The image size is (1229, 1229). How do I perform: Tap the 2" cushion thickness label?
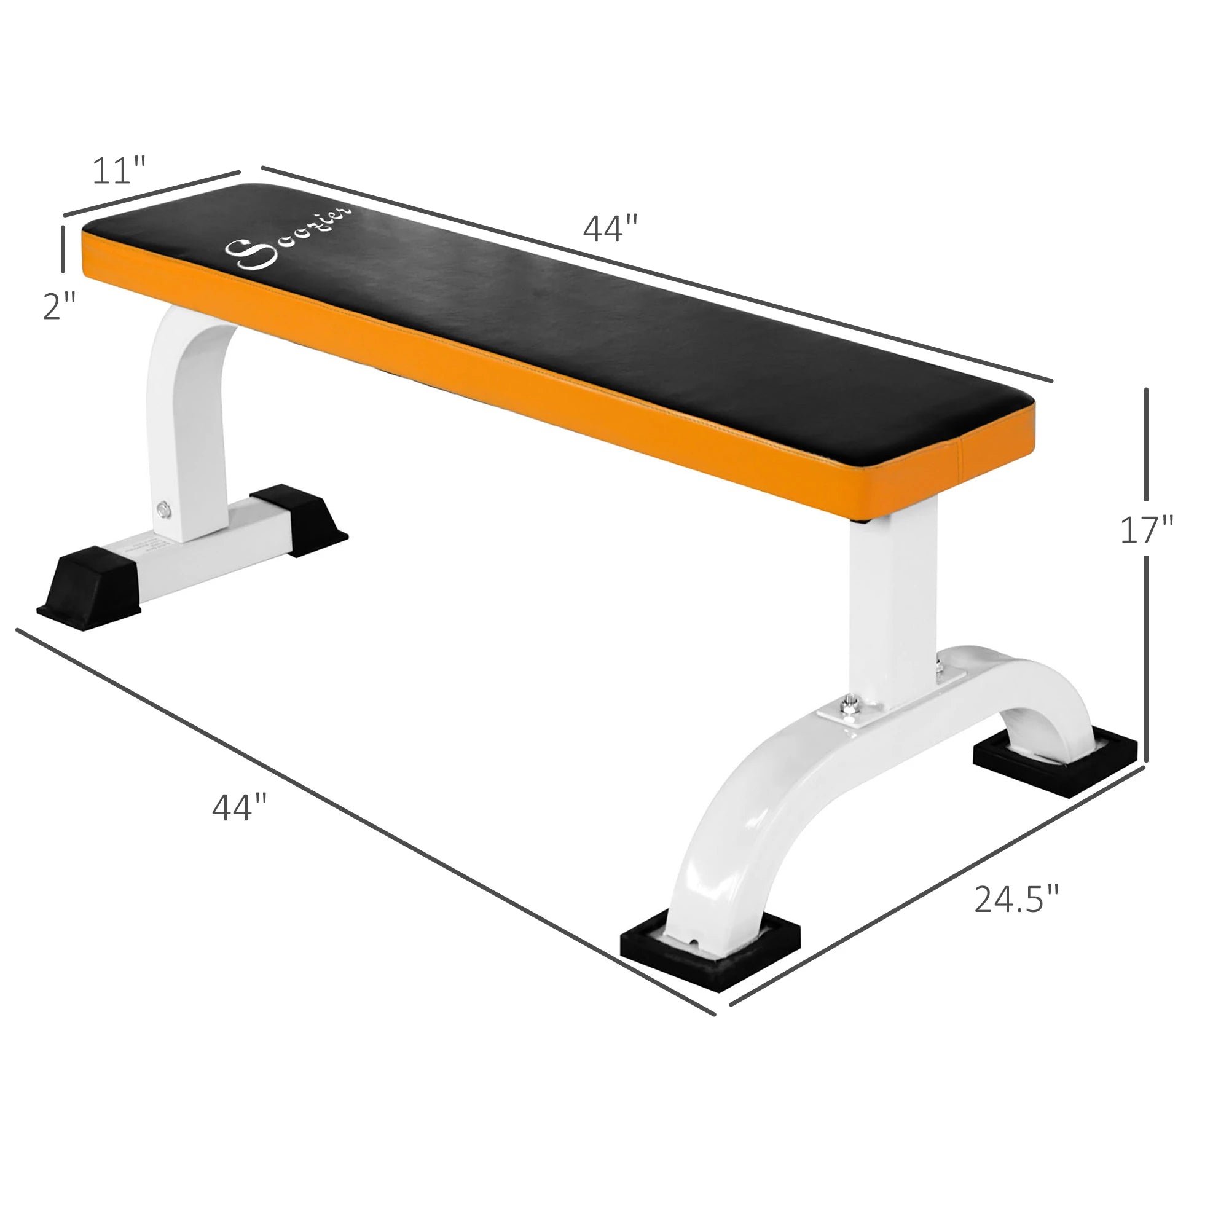[59, 306]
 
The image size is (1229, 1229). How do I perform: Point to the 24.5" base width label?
[1016, 899]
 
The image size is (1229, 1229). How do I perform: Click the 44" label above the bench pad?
[610, 229]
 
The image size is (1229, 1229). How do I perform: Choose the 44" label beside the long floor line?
[239, 807]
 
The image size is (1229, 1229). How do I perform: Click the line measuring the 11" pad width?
[151, 194]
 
